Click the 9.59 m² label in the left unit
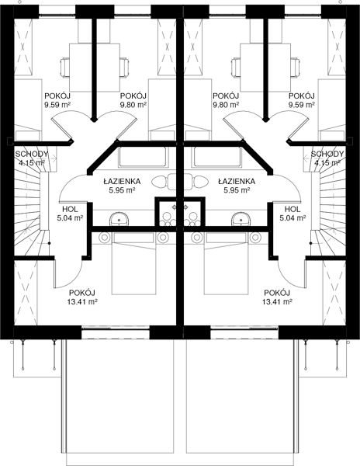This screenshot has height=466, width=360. coord(57,105)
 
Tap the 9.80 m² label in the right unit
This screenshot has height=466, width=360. coord(226,105)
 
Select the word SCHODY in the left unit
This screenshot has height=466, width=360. coord(32,154)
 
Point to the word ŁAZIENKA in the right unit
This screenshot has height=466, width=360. coord(236,181)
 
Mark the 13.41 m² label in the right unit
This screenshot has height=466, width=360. coord(278,302)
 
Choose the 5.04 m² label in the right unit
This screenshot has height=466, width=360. coord(292,217)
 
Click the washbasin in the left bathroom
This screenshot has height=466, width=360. coord(119,219)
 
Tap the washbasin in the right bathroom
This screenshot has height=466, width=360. coord(241,219)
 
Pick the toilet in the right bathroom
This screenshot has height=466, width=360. coord(196,182)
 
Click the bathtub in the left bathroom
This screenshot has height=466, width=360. coord(143,157)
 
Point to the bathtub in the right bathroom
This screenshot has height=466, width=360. coord(217,157)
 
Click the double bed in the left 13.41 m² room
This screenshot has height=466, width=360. coord(134,263)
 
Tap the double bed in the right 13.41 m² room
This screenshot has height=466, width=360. coord(226,263)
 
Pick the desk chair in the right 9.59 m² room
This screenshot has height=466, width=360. coord(296,68)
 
